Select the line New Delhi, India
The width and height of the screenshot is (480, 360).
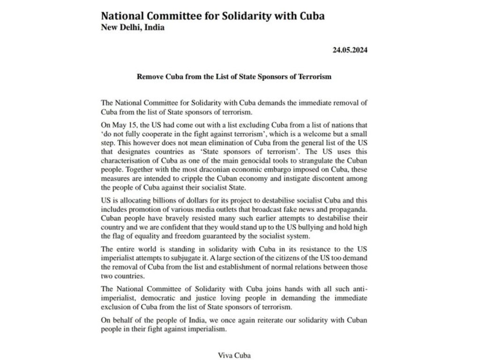pos(133,27)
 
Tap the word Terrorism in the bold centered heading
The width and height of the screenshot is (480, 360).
pos(314,76)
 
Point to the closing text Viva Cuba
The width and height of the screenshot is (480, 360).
pos(234,355)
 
